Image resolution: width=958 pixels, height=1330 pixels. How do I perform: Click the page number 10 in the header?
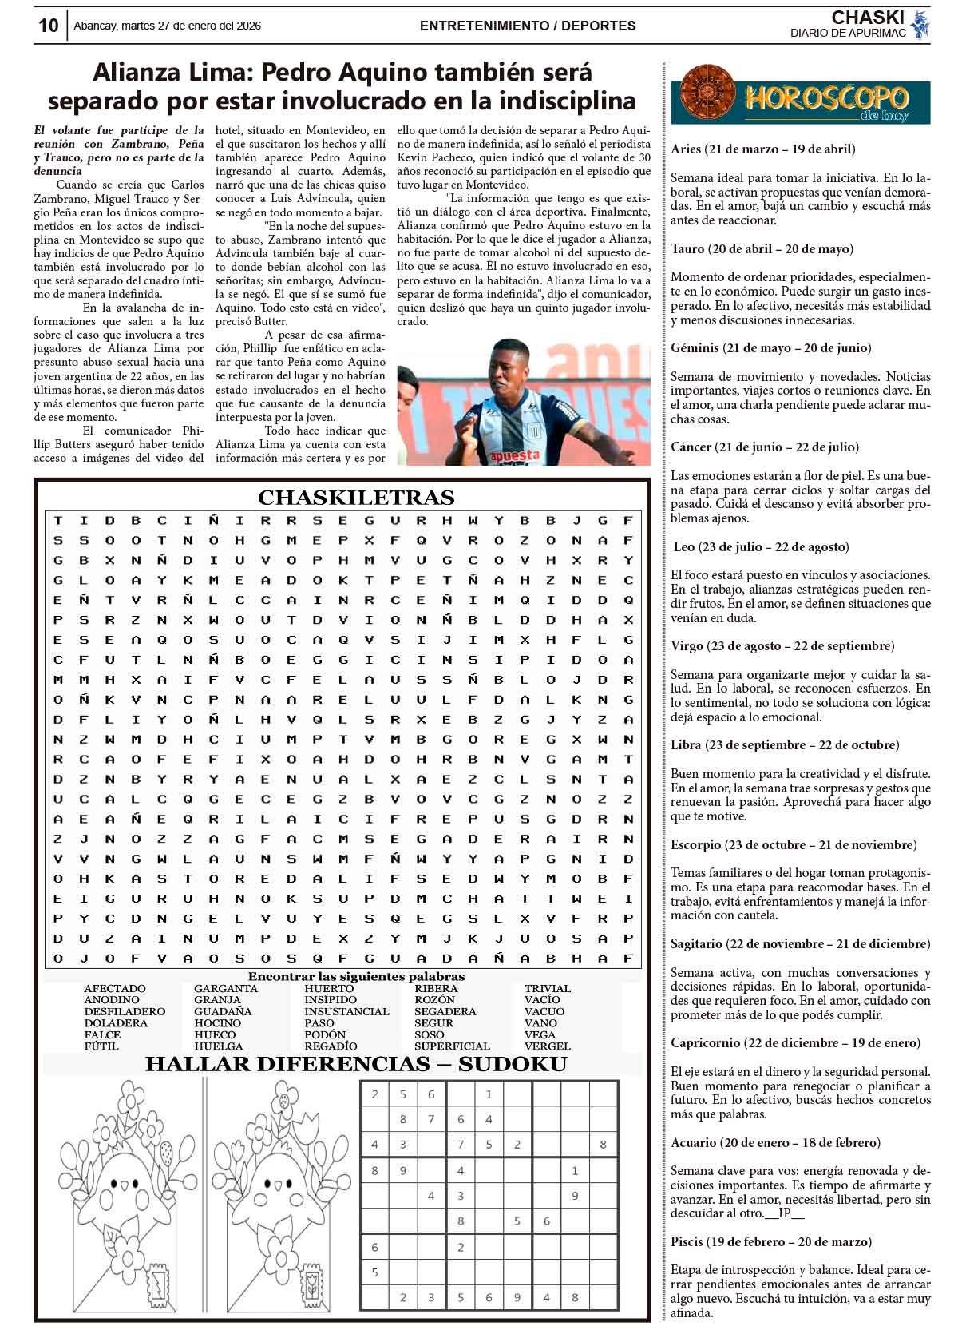48,26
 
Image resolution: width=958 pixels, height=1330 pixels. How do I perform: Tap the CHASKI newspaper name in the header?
867,18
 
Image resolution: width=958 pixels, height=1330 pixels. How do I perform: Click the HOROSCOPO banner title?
826,100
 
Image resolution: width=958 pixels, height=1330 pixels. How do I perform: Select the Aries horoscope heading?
763,149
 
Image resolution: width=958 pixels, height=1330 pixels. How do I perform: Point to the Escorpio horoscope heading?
794,845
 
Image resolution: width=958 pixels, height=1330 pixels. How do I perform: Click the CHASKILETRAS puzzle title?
356,498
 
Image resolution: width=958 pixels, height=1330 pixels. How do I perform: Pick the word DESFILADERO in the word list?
125,1011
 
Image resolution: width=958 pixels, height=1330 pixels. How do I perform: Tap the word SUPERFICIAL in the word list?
452,1046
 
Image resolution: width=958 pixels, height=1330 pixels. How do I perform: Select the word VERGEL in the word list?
547,1046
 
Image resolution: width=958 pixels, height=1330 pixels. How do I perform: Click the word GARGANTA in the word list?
226,989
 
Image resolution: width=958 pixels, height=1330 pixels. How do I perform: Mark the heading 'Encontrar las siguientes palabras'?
356,976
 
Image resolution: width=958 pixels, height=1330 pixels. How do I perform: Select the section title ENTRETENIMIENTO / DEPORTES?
528,26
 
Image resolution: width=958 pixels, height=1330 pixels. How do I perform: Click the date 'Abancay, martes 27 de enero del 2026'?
167,26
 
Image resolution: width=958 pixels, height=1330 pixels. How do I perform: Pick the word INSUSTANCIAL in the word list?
346,1011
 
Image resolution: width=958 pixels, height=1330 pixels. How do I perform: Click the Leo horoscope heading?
761,547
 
